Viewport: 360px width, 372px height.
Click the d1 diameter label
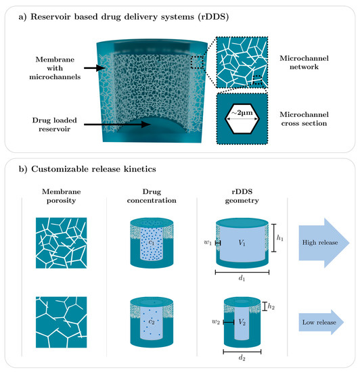coord(241,278)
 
